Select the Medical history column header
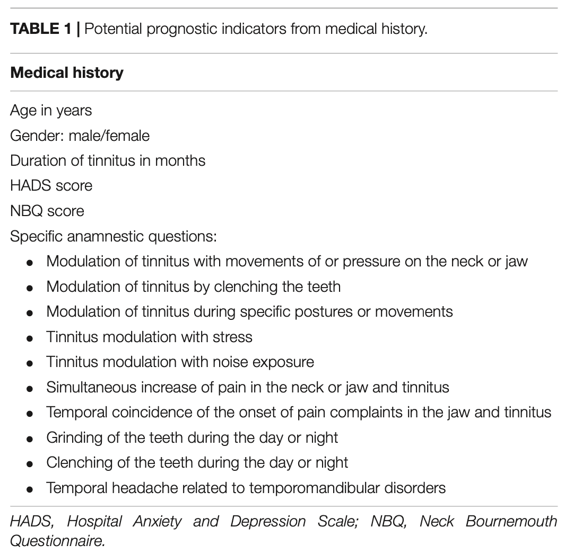tap(67, 73)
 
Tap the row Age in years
tap(51, 110)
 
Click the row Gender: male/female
tap(80, 136)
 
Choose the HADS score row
tap(51, 186)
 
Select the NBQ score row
tap(47, 211)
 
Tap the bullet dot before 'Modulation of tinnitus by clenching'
tap(30, 288)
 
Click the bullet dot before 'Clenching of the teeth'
tap(30, 464)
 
